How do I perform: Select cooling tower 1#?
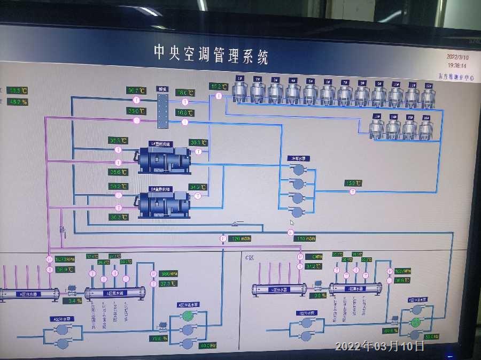(x=241, y=91)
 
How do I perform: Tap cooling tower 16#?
(x=426, y=128)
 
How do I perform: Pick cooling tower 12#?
(x=429, y=94)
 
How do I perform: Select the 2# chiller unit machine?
(x=164, y=203)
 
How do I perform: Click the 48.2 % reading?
(x=18, y=102)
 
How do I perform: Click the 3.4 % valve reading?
(x=75, y=300)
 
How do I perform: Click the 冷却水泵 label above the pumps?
(x=298, y=158)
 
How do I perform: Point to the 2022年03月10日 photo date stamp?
(x=380, y=346)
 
